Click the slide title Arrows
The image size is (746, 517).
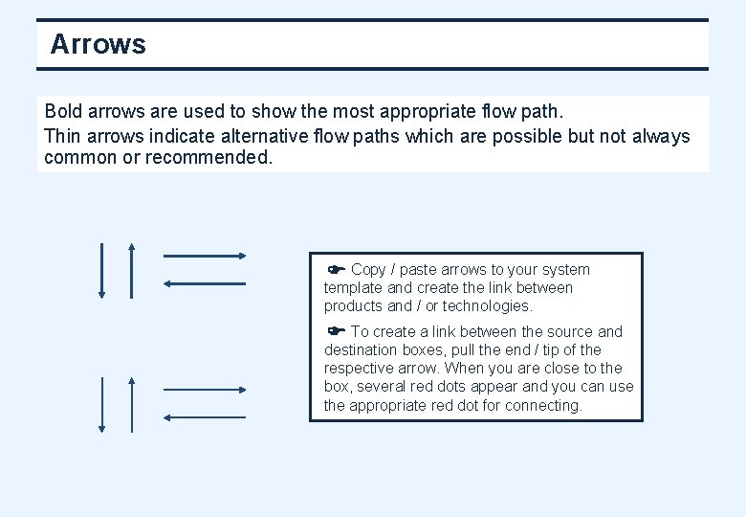[98, 45]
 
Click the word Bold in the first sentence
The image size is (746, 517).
[64, 112]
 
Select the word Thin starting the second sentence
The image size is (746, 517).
[63, 136]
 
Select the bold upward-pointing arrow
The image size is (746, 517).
[131, 271]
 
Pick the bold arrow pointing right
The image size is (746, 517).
[205, 256]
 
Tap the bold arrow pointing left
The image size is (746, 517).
[205, 283]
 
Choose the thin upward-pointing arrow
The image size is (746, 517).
[131, 405]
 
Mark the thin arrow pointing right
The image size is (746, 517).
[205, 390]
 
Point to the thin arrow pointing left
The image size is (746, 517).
[205, 417]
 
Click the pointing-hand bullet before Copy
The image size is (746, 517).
[336, 269]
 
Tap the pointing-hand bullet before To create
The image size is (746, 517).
[336, 331]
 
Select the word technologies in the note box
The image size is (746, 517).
[486, 306]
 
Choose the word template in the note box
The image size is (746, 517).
[353, 288]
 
